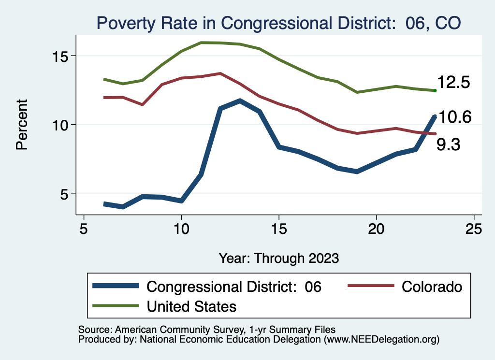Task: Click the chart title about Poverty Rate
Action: pos(278,22)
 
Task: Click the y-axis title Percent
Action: pos(22,125)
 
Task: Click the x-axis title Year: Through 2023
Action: pos(278,258)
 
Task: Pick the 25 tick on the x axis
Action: pos(474,229)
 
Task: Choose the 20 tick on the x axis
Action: pos(376,229)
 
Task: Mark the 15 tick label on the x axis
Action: pos(278,229)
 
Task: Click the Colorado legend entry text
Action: pos(432,287)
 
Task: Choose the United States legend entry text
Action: pos(191,306)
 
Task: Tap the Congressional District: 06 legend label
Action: pos(234,287)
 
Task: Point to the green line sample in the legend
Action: pos(117,306)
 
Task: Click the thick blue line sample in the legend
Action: pos(117,287)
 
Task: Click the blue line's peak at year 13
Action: pos(240,101)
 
